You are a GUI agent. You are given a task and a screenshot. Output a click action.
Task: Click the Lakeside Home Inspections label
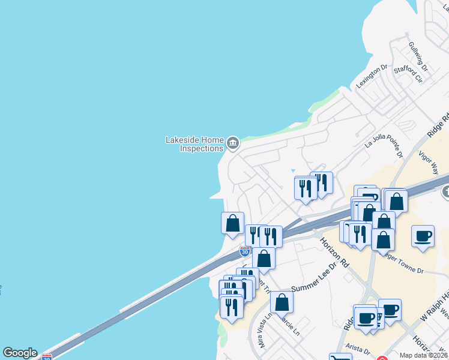[194, 144]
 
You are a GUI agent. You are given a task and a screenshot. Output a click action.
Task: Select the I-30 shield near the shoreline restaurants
[245, 251]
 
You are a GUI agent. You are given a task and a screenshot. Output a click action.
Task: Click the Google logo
[20, 353]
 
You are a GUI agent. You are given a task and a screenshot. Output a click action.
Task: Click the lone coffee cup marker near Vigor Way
[423, 235]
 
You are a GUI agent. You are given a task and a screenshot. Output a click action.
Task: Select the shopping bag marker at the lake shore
[233, 223]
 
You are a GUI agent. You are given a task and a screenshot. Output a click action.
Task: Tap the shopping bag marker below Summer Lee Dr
[282, 302]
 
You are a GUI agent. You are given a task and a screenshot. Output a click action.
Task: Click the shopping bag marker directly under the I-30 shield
[263, 259]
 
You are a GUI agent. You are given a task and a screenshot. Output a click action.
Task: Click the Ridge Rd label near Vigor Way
[439, 126]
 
